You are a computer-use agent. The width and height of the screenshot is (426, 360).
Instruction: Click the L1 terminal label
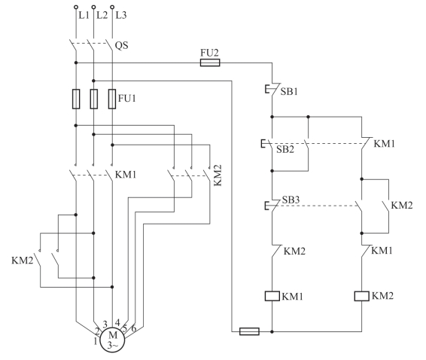[84, 15]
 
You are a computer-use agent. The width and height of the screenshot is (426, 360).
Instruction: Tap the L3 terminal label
[121, 15]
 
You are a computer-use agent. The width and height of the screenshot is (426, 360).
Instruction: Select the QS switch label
[121, 45]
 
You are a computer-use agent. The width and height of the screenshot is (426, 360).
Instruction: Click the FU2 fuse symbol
[210, 63]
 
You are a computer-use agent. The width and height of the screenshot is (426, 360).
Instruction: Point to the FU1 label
[127, 98]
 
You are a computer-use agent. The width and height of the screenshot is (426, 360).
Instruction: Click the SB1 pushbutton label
[289, 92]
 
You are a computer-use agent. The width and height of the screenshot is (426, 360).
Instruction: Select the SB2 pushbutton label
[285, 149]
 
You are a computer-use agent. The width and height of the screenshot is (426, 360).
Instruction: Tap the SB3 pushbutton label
[291, 200]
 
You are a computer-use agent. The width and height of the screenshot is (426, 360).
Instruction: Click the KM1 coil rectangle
[272, 296]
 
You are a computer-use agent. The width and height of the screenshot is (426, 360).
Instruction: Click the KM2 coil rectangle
[361, 296]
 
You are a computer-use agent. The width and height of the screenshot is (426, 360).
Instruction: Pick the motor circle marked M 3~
[112, 340]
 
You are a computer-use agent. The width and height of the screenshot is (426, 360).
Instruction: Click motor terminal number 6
[134, 328]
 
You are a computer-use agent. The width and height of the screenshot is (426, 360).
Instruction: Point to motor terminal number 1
[96, 341]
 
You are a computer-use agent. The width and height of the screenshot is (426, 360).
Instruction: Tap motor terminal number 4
[117, 323]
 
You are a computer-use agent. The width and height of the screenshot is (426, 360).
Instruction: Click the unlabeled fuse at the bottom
[249, 331]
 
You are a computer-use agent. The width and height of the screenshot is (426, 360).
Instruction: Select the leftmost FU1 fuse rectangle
[76, 99]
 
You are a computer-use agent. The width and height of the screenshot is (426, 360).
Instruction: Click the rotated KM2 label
[218, 175]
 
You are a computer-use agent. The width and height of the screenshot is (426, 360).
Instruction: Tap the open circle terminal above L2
[93, 7]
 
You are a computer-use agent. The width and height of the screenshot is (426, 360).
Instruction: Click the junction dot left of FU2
[76, 63]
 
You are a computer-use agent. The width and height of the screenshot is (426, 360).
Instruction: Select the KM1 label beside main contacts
[126, 175]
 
